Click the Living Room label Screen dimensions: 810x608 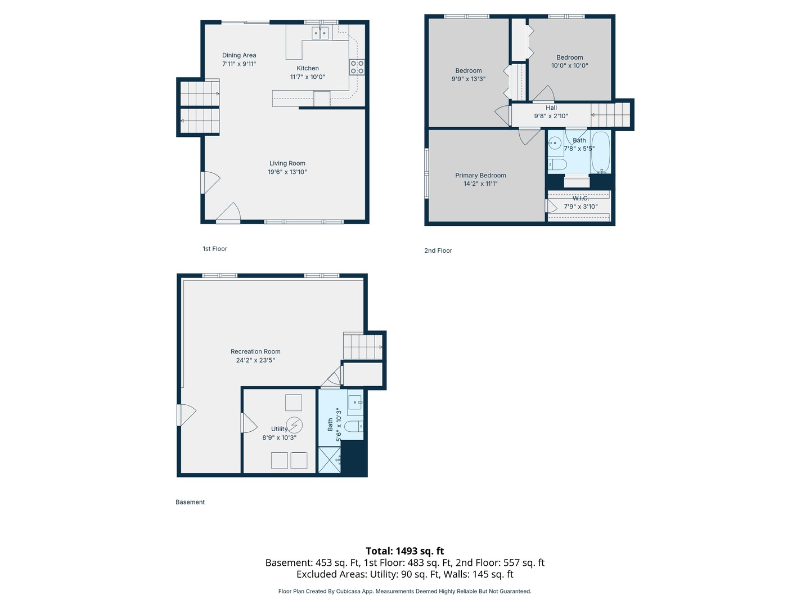(287, 163)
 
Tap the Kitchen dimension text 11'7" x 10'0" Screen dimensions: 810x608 (307, 77)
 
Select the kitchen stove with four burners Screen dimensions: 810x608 (357, 67)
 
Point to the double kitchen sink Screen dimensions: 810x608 (320, 33)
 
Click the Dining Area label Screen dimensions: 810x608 (238, 55)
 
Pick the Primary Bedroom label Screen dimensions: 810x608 (480, 175)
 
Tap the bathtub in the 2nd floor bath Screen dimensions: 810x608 (600, 152)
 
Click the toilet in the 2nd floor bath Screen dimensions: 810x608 (557, 164)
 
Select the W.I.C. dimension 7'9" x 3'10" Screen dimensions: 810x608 (580, 207)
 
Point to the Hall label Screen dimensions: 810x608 (551, 108)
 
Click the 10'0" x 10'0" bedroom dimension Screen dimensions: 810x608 (569, 66)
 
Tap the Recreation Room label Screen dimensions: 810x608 (255, 351)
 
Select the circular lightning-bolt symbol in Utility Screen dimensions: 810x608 (294, 425)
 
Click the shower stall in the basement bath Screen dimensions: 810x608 (330, 459)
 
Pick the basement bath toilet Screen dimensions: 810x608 (354, 427)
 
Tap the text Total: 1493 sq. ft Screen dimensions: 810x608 (405, 551)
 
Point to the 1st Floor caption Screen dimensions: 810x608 (215, 249)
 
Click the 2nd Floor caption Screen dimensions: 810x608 (438, 251)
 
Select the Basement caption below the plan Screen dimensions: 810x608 (190, 502)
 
